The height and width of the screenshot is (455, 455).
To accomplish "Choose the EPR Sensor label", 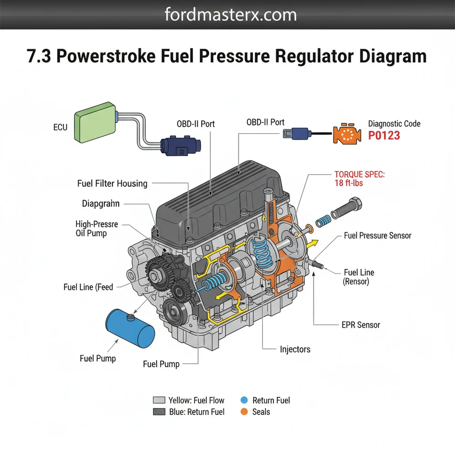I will pos(360,325).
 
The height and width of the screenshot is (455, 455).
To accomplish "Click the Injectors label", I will pos(295,349).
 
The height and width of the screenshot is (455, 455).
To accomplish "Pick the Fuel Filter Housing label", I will pos(112,184).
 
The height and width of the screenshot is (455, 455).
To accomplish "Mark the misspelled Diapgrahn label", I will pos(101,203).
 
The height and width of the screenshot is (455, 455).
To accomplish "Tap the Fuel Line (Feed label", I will pos(88,287).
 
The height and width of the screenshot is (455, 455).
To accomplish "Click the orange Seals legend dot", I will pos(244,412).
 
